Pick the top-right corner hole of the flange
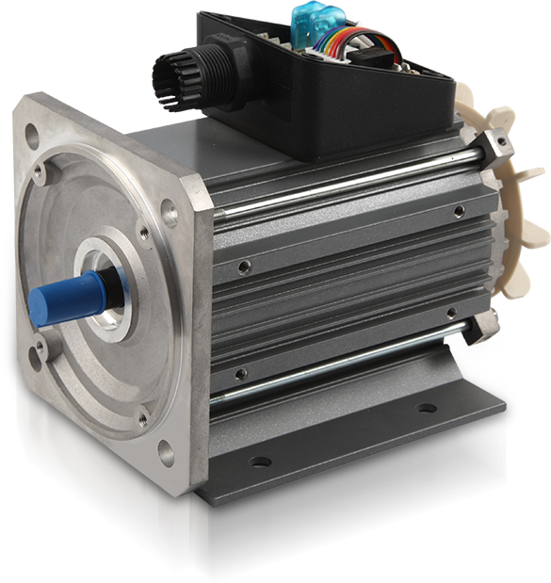170,214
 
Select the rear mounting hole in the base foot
427,409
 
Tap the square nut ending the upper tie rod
494,144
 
